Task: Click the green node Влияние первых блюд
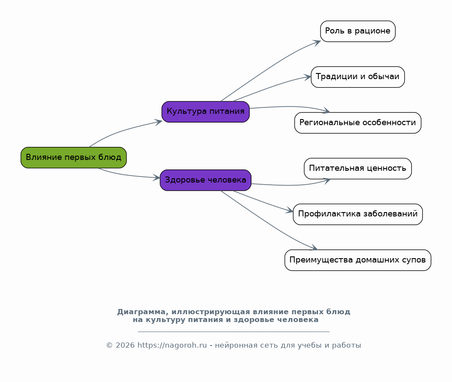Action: point(74,157)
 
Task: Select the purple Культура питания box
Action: point(205,112)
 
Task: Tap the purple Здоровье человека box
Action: point(205,180)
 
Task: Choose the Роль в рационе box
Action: point(358,31)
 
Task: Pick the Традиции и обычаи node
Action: point(358,77)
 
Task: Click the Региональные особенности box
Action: point(358,123)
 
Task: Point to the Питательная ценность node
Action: point(358,168)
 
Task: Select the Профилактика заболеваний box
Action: point(358,214)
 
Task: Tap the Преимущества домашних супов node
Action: point(358,260)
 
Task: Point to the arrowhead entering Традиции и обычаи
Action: point(308,77)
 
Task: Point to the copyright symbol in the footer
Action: point(109,345)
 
